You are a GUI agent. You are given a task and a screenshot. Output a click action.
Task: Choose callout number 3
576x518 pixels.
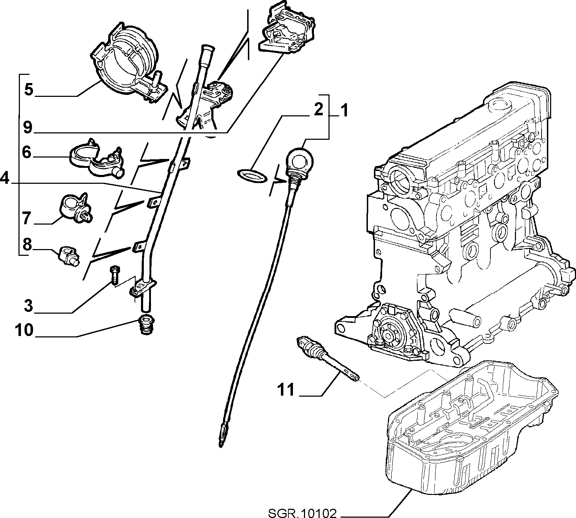(x=28, y=305)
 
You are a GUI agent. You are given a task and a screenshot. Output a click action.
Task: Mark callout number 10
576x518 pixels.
(x=24, y=330)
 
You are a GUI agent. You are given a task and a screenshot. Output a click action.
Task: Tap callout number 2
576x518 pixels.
(x=318, y=110)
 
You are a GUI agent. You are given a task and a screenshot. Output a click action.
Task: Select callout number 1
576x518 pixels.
(x=343, y=111)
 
